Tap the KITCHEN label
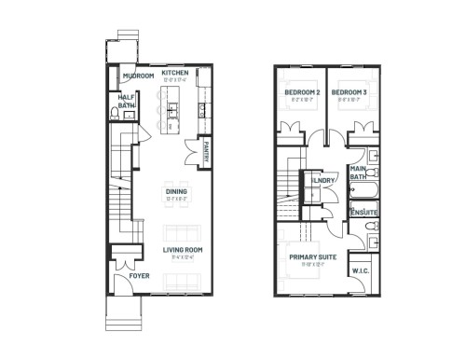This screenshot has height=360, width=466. pos(175,72)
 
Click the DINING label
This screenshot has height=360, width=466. pos(174,193)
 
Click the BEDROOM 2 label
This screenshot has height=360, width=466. pos(301,91)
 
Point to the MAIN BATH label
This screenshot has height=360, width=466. pos(357,172)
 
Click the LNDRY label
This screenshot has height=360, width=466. pos(324,181)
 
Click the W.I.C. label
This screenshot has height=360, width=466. pos(362,271)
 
